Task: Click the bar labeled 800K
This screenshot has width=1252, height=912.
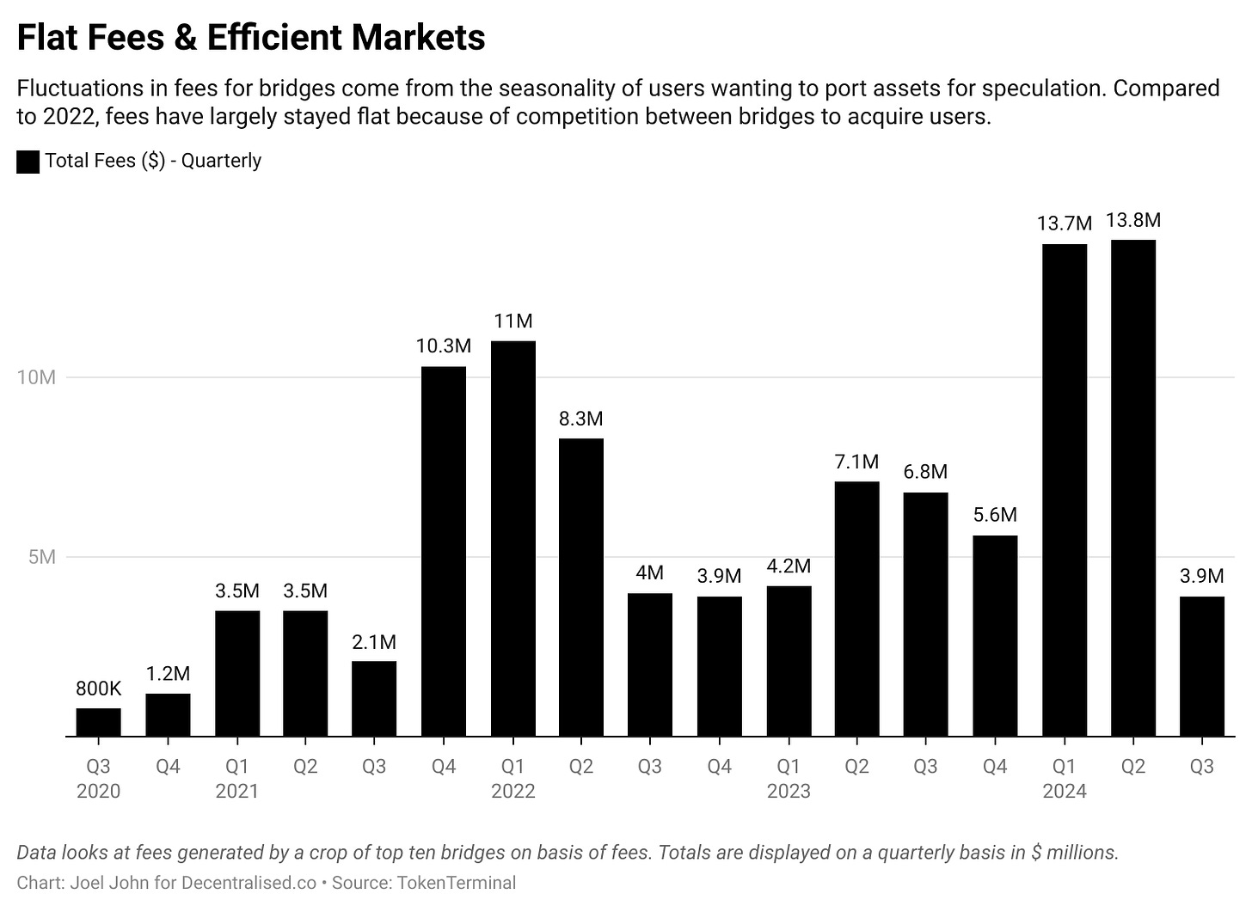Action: pos(98,722)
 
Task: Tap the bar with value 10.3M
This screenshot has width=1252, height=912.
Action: pos(444,551)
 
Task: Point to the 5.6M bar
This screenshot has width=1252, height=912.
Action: pos(995,635)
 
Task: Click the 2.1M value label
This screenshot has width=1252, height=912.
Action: pos(374,642)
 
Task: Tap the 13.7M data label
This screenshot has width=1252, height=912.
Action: pos(1064,223)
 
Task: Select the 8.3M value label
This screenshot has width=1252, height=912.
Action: pos(580,419)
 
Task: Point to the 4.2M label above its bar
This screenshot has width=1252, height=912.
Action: pos(789,566)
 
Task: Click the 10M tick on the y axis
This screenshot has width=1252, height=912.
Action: pos(36,377)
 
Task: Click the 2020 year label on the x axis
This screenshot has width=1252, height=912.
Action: pos(98,792)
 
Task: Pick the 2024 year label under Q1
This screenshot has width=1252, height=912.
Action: pos(1064,792)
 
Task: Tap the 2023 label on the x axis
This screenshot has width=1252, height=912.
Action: pos(789,792)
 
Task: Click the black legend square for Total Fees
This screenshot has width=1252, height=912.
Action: pos(28,162)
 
